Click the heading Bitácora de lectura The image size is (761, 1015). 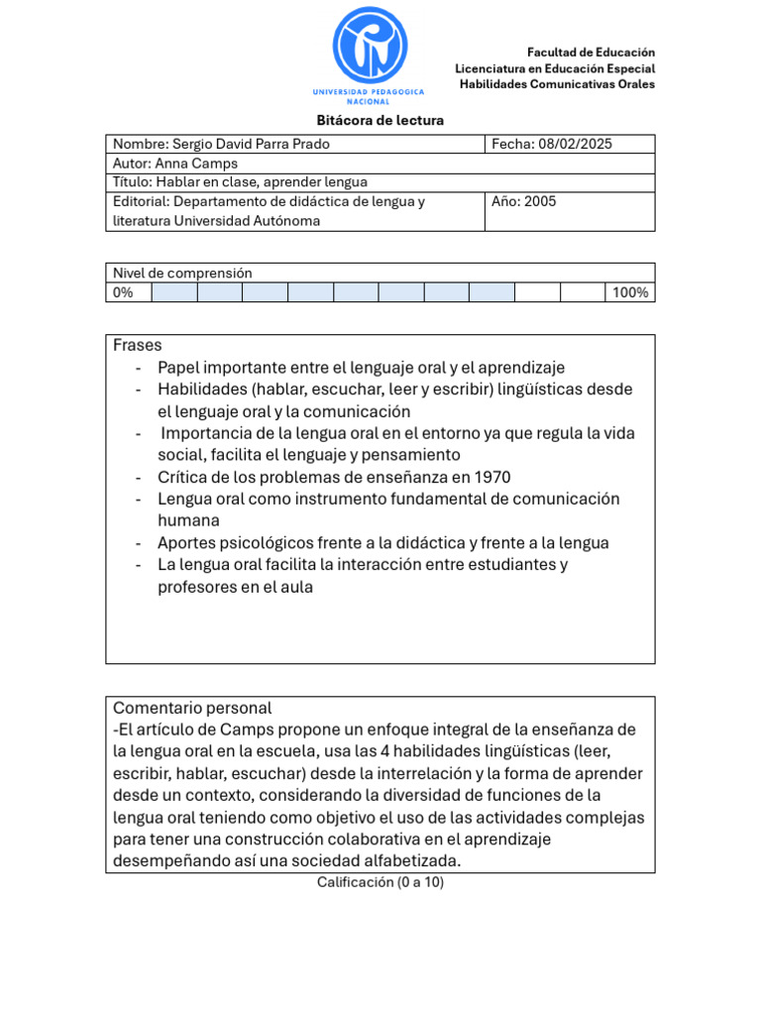pyautogui.click(x=380, y=120)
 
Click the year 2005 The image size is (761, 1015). pyautogui.click(x=540, y=201)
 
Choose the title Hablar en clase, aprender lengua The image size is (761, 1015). pyautogui.click(x=262, y=182)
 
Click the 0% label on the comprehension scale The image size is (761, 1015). pyautogui.click(x=123, y=292)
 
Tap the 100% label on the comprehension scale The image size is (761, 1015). pyautogui.click(x=630, y=292)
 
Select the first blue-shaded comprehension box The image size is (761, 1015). pyautogui.click(x=173, y=292)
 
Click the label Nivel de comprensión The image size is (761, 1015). pyautogui.click(x=182, y=273)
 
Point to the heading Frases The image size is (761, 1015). pyautogui.click(x=138, y=345)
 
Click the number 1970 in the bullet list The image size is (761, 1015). pyautogui.click(x=492, y=477)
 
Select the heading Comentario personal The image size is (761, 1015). pyautogui.click(x=192, y=708)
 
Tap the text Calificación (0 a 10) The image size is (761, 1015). pyautogui.click(x=380, y=882)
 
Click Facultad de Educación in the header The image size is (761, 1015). pyautogui.click(x=591, y=52)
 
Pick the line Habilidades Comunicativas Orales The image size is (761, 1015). pyautogui.click(x=557, y=84)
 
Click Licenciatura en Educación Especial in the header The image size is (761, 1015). pyautogui.click(x=555, y=68)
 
